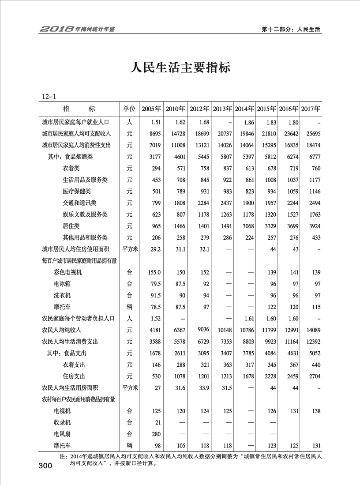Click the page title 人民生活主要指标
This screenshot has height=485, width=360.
coord(180,69)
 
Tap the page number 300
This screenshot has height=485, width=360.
coord(46,466)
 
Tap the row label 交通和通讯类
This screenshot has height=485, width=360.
coord(79,203)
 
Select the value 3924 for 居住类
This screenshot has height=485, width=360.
coord(312,226)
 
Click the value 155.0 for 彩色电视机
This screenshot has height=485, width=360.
coord(154,272)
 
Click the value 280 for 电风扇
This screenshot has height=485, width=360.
coord(155,434)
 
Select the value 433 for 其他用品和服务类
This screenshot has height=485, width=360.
coord(314,237)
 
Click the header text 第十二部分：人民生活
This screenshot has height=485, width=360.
coord(291,30)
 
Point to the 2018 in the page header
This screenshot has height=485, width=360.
coord(56,30)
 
